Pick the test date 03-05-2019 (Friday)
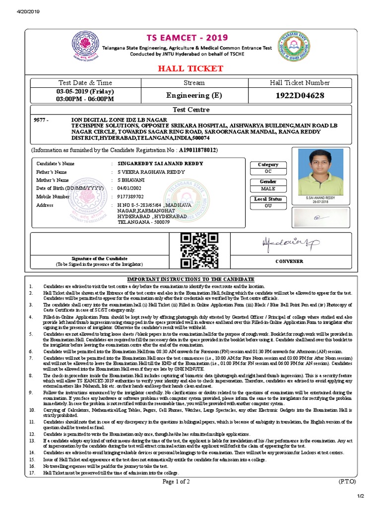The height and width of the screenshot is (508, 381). pyautogui.click(x=85, y=92)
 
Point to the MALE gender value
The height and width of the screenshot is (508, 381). pyautogui.click(x=268, y=189)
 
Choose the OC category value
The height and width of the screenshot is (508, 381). pyautogui.click(x=268, y=171)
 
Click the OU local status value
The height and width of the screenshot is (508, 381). pyautogui.click(x=268, y=205)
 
